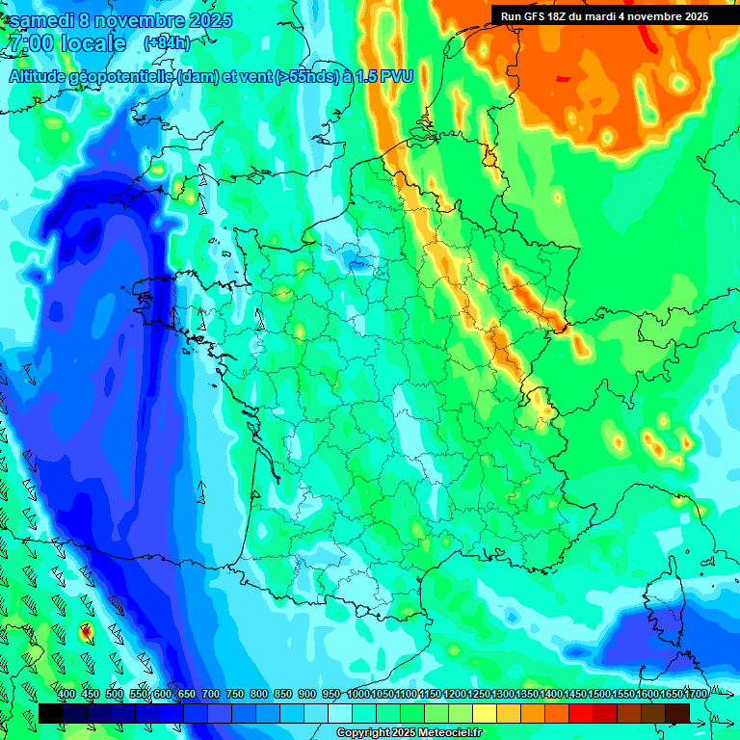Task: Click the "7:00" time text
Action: tap(29, 43)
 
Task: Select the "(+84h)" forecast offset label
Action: tap(167, 43)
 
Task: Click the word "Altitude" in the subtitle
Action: tap(41, 77)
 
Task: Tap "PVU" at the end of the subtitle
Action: tap(397, 77)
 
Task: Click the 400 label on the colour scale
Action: tap(66, 694)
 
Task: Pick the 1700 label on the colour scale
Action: tap(671, 694)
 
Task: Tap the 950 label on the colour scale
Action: tap(331, 694)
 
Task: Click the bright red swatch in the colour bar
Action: tap(580, 713)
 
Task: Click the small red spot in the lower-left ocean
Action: tap(85, 632)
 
